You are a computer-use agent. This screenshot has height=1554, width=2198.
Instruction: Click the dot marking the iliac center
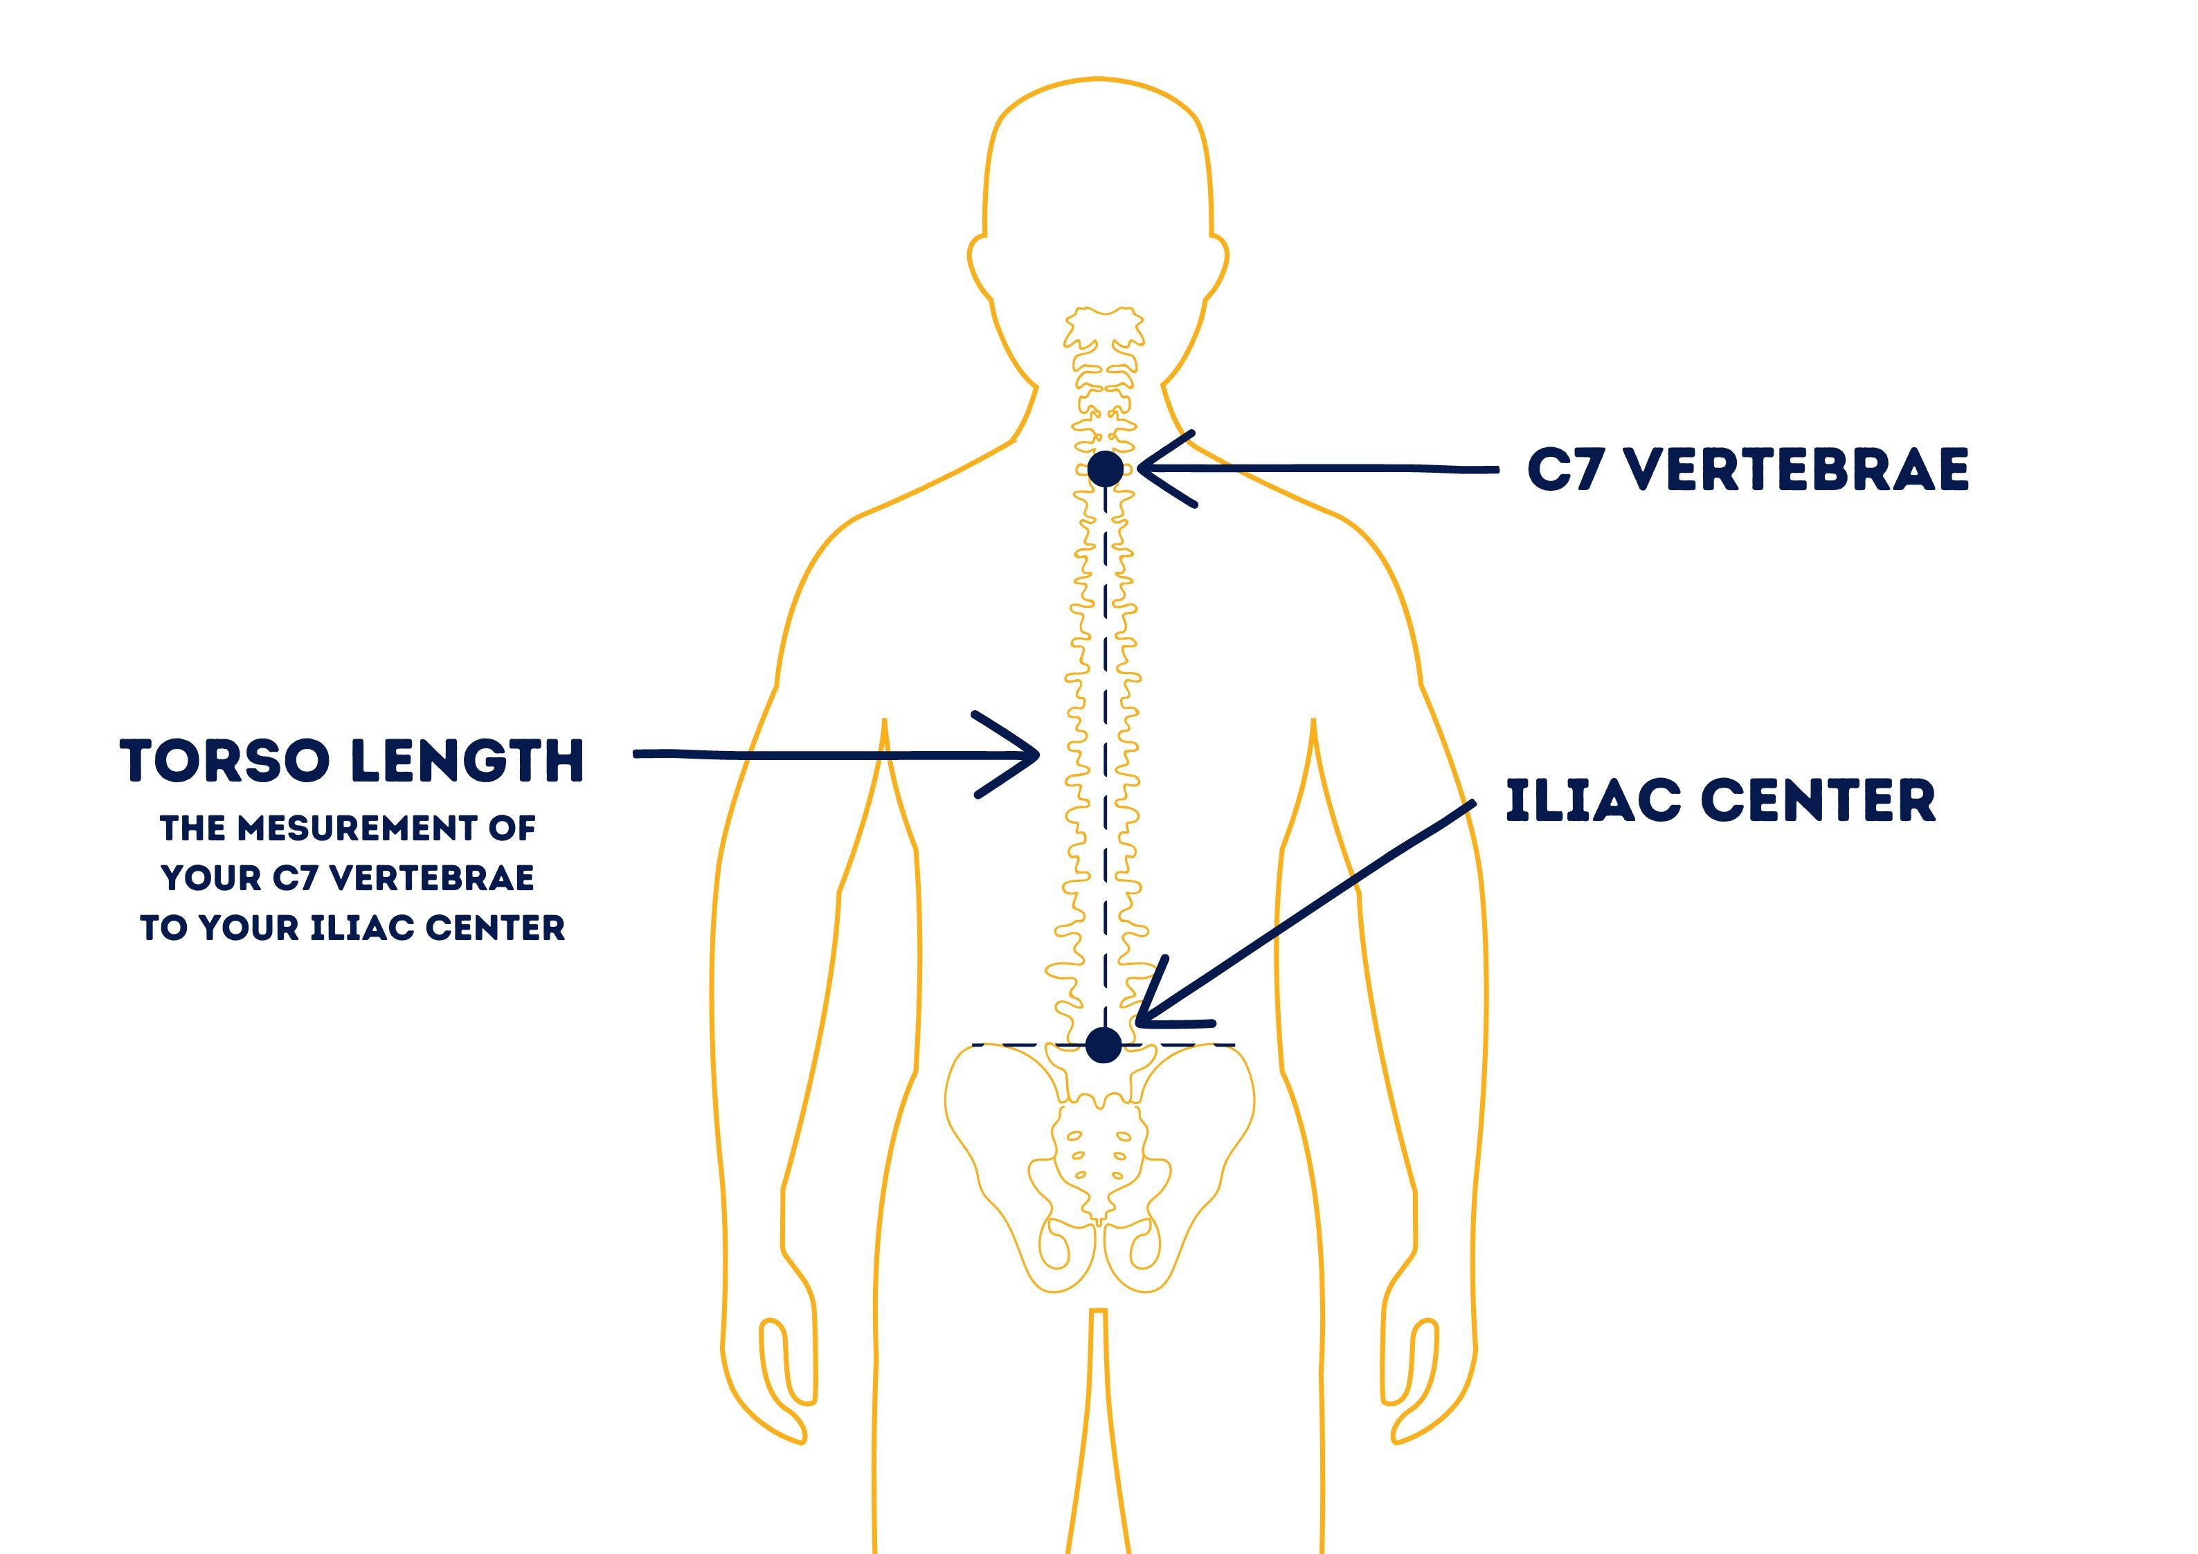(1103, 1045)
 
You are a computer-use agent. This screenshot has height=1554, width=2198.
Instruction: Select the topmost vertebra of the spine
(1103, 325)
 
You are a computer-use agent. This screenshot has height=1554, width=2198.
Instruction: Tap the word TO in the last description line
(163, 928)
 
